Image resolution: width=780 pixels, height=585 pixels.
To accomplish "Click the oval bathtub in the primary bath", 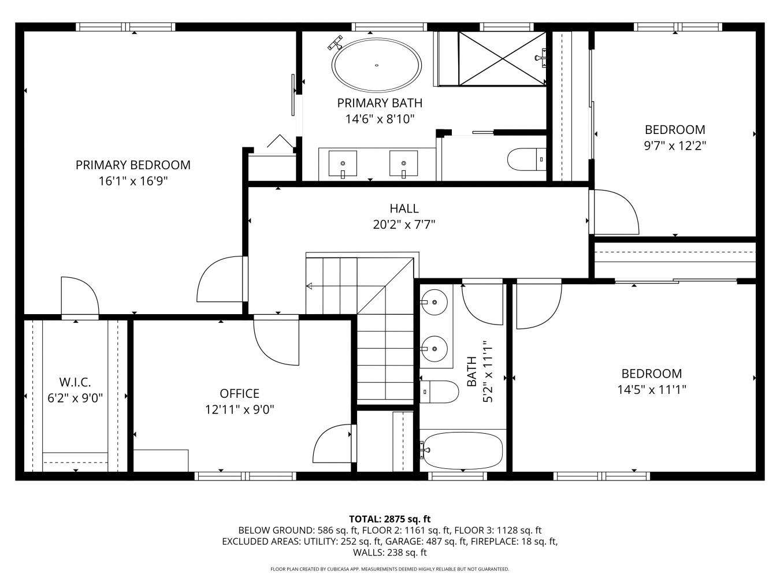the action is (x=377, y=65).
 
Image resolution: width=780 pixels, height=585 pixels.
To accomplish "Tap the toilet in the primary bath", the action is (x=526, y=159).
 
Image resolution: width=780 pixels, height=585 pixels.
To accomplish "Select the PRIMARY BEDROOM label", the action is (x=133, y=165).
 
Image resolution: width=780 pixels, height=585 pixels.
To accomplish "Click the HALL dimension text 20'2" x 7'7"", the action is (x=404, y=225).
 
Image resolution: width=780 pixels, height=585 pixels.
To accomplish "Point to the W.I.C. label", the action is (x=75, y=382).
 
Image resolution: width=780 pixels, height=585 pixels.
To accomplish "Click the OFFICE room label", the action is (x=240, y=393).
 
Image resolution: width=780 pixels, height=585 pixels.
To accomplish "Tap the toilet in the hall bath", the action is (x=439, y=392).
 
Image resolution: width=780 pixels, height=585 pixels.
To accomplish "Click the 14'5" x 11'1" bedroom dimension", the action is (x=651, y=390).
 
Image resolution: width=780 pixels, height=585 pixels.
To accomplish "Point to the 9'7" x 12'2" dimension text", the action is (x=675, y=146).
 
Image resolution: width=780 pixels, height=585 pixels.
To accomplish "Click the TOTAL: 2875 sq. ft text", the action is (x=390, y=519).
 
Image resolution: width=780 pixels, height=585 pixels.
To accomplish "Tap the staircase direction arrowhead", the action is (x=309, y=286).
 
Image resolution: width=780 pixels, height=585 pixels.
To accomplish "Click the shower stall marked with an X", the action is (x=502, y=59).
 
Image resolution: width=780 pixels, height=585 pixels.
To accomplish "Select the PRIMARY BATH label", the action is (x=380, y=103).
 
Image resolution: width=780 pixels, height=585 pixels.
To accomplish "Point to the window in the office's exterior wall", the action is (x=246, y=476).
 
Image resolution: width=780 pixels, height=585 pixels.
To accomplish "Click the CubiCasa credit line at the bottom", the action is (x=390, y=569).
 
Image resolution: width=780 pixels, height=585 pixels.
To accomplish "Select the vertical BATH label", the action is (x=471, y=371).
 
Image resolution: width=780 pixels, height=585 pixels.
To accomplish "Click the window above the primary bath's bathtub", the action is (x=389, y=27).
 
